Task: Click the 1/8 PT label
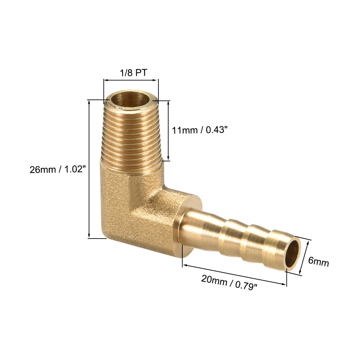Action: [134, 73]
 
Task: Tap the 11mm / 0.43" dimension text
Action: [200, 130]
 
